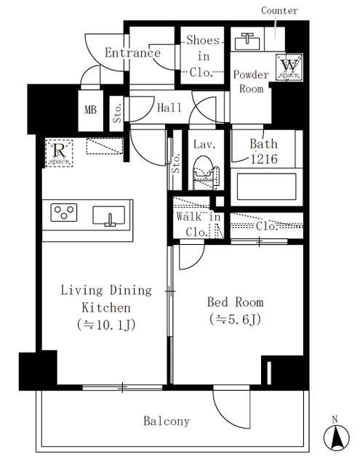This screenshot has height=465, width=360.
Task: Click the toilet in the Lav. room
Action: pyautogui.click(x=206, y=173)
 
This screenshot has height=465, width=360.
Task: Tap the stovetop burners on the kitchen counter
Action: pyautogui.click(x=64, y=212)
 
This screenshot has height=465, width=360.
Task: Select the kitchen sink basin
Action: pyautogui.click(x=108, y=216)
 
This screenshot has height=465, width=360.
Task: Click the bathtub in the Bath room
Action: pyautogui.click(x=266, y=187)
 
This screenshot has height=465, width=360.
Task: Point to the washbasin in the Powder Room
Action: pyautogui.click(x=247, y=41)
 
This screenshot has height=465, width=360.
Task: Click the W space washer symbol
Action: pyautogui.click(x=289, y=67)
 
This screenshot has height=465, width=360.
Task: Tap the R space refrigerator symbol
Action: pyautogui.click(x=59, y=153)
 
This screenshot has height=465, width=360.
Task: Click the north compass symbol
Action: pyautogui.click(x=337, y=436)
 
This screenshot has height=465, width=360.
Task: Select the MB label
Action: pyautogui.click(x=90, y=110)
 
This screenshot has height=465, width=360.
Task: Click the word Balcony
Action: pyautogui.click(x=167, y=421)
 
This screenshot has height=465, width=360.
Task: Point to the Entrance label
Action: pyautogui.click(x=132, y=53)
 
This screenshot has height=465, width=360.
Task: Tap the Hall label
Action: pyautogui.click(x=169, y=108)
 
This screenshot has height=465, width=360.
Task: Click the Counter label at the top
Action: pyautogui.click(x=279, y=11)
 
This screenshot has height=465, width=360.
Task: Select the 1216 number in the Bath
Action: pyautogui.click(x=264, y=159)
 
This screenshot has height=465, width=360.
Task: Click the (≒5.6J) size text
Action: pyautogui.click(x=235, y=320)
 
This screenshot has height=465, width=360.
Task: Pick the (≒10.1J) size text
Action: pyautogui.click(x=106, y=325)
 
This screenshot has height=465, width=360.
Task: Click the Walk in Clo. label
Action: pyautogui.click(x=198, y=225)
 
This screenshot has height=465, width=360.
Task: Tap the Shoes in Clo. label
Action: pyautogui.click(x=204, y=57)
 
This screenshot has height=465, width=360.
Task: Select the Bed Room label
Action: pyautogui.click(x=235, y=302)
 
